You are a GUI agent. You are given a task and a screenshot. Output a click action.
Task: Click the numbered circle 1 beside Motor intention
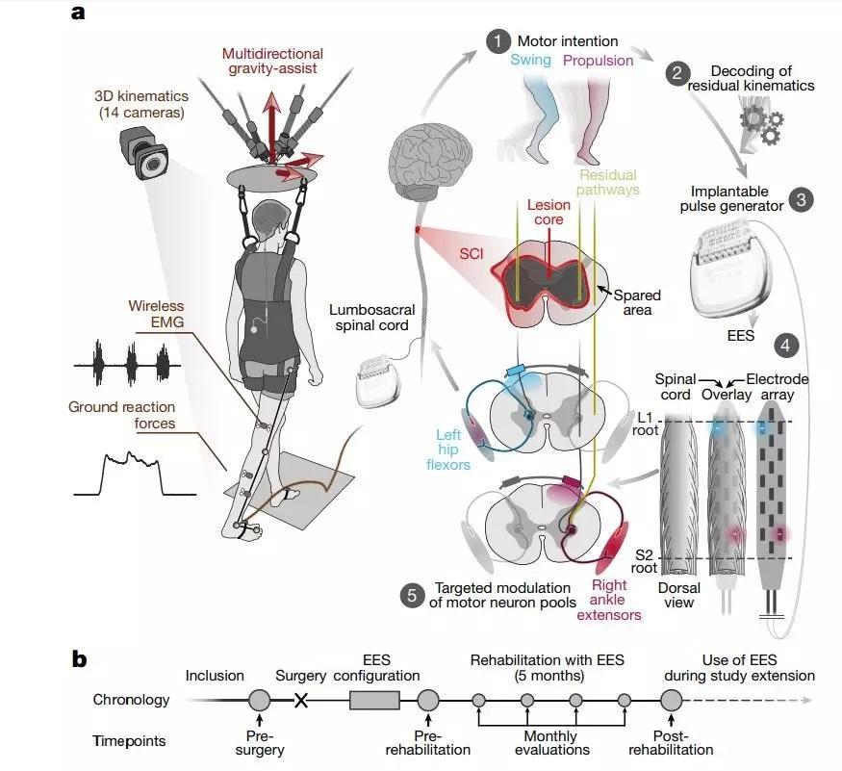(498, 41)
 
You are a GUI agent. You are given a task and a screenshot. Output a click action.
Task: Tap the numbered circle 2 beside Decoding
(677, 73)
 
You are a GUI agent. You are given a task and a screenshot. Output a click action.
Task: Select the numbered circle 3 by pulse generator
(802, 200)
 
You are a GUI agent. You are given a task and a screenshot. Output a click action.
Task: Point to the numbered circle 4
(785, 345)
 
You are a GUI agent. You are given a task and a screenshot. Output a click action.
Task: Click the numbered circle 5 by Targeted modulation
(412, 595)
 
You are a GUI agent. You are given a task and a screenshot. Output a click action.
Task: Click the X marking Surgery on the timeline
(301, 700)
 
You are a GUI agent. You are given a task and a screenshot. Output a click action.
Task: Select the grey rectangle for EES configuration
(374, 700)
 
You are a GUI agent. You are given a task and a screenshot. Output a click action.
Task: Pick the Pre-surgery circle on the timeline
(260, 700)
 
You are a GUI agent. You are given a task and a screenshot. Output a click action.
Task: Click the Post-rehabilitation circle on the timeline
(671, 700)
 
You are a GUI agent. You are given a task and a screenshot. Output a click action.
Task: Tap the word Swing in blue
(530, 60)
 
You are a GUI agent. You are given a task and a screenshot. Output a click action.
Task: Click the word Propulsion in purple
(598, 61)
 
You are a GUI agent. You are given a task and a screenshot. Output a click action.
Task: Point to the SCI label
(472, 253)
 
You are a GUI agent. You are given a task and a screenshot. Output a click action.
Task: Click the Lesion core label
(549, 212)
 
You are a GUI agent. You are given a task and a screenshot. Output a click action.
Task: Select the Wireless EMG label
(156, 314)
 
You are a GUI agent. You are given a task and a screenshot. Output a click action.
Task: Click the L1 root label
(646, 424)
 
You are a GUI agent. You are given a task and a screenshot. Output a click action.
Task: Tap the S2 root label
(645, 561)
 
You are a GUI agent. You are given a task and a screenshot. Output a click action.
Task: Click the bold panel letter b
(79, 659)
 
